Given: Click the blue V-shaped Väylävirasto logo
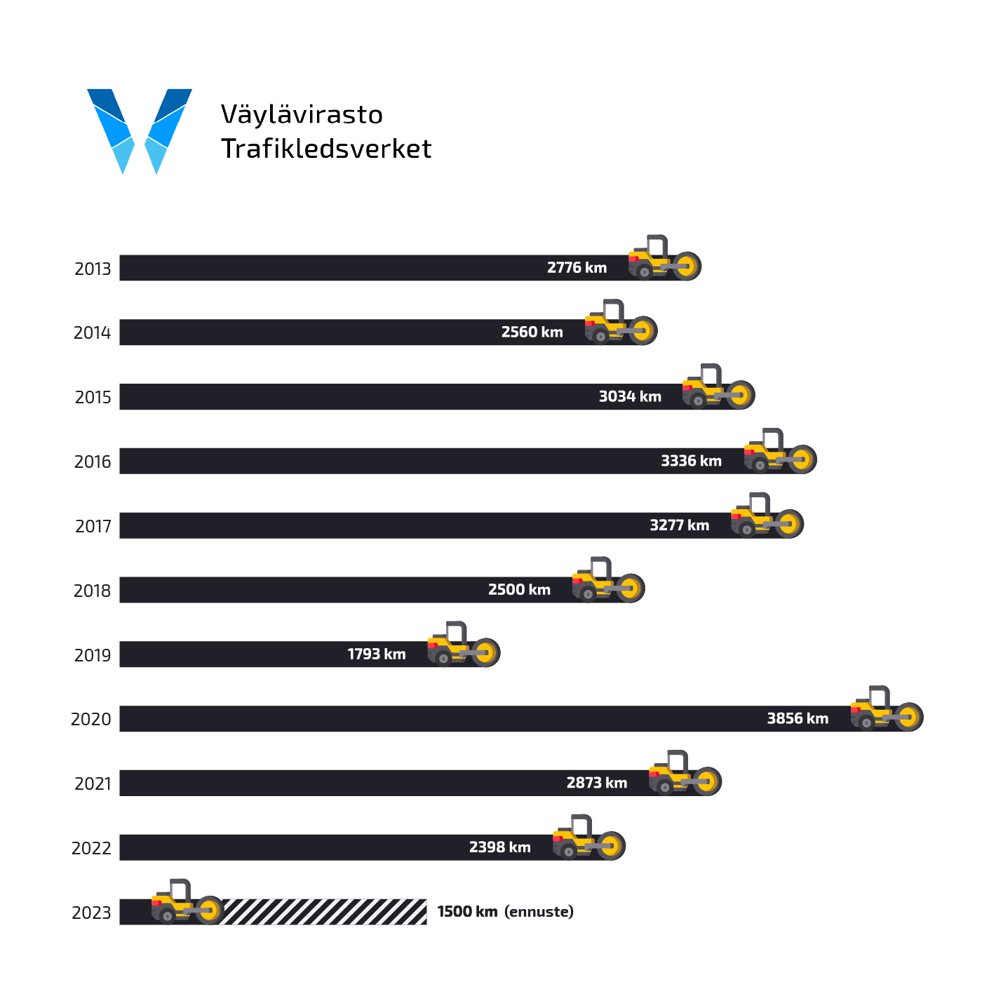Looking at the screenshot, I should (x=140, y=130).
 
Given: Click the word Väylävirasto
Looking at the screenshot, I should (x=302, y=114).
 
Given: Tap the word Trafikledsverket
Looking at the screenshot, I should (x=326, y=149).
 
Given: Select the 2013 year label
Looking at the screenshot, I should (x=93, y=269).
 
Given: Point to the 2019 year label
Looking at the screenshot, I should (x=93, y=655).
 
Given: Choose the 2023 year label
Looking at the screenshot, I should (x=91, y=913).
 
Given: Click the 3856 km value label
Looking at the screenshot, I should (x=798, y=718).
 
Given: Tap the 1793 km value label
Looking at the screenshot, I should (x=377, y=654).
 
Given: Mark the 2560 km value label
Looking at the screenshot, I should (x=532, y=332).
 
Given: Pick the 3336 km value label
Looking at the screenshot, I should (x=691, y=461).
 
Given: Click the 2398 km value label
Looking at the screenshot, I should (x=499, y=847).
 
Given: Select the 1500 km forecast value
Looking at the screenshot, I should (x=467, y=912).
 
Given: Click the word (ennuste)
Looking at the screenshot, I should (x=539, y=912).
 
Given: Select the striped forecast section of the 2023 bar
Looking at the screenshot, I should (x=323, y=912).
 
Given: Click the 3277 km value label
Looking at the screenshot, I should (x=679, y=525).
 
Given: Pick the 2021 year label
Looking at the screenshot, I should (x=93, y=783).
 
